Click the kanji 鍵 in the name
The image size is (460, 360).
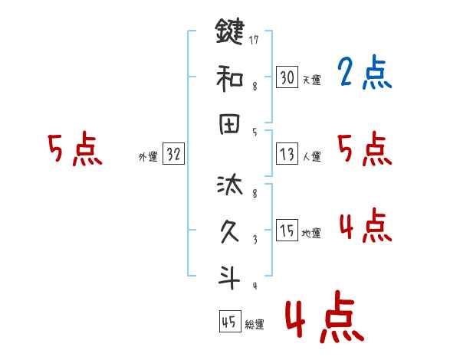(x=228, y=31)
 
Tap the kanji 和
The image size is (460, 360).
(x=228, y=77)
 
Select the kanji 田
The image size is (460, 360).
(x=228, y=125)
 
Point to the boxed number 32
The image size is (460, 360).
(x=173, y=155)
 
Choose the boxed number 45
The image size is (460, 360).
(x=229, y=322)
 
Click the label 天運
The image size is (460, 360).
(x=311, y=80)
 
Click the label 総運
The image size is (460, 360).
(x=255, y=325)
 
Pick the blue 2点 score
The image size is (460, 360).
(x=364, y=74)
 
